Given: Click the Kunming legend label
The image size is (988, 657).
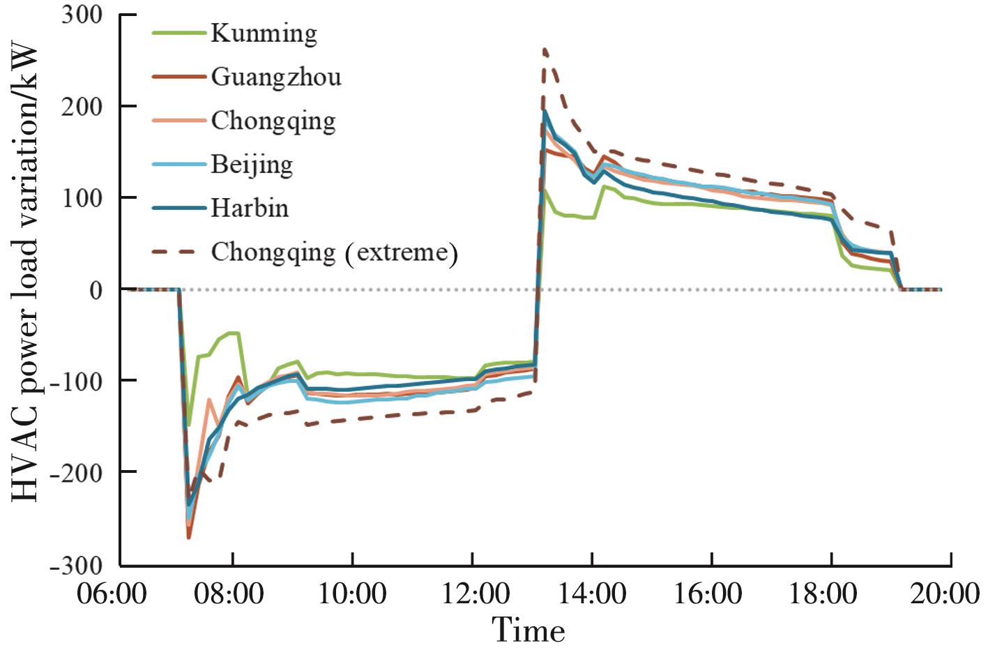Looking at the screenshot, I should pos(264,33).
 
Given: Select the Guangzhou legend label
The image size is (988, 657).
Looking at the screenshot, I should pos(276,77).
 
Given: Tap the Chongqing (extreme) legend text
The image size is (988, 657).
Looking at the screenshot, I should pos(334,252).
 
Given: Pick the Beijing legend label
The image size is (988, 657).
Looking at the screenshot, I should pos(252,165).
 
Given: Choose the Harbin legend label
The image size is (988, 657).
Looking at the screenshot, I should pos(250,208).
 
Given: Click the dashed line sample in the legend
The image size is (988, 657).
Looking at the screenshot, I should pos(179,252).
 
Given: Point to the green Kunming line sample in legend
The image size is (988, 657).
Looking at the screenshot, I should pos(179,33).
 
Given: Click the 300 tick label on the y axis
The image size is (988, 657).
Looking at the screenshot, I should pos(82,15).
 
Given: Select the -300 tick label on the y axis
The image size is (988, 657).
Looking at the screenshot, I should pos(76,565).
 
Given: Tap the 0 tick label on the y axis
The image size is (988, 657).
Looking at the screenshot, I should pos(96,289).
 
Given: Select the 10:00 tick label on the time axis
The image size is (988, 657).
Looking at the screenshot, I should pos(353,594).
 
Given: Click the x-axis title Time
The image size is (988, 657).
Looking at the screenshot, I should pos(529,631).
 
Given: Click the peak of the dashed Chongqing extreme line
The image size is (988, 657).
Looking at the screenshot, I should pos(545,49).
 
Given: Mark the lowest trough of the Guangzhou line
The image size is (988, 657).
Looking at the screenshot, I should pos(188,537).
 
